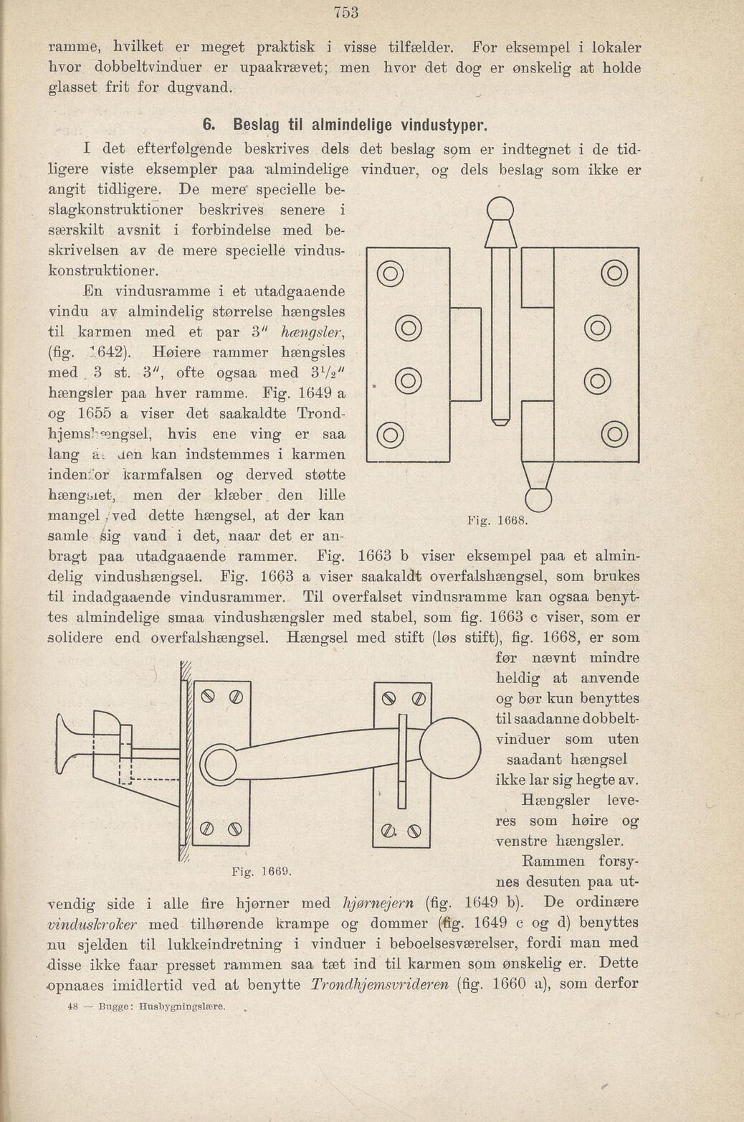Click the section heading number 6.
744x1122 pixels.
[208, 125]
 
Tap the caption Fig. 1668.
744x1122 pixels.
[497, 520]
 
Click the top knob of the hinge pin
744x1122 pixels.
[500, 211]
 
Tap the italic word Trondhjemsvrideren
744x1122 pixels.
[378, 984]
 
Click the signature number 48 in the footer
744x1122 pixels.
[72, 1007]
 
